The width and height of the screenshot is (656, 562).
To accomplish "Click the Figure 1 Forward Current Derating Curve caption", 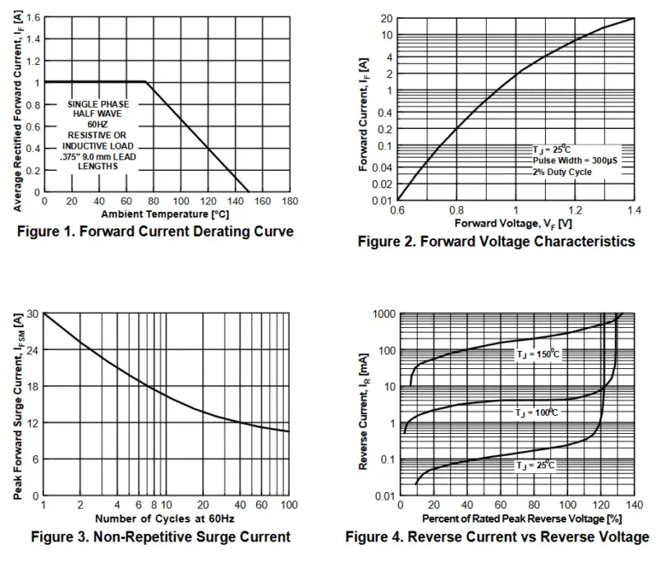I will coord(168,231).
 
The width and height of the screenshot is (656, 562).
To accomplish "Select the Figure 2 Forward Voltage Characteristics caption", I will coord(496,242).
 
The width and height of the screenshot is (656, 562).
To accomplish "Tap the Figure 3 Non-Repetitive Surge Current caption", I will coord(161,536).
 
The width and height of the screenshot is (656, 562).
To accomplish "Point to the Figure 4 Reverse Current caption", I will coord(497,536).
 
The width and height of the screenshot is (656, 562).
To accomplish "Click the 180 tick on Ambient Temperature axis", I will coord(290,202).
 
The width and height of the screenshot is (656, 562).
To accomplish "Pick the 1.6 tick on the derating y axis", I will coord(32,17).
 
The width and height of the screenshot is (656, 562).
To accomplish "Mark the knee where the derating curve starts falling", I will coord(146,82).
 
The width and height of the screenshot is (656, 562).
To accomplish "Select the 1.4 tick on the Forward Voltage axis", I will coord(634,210).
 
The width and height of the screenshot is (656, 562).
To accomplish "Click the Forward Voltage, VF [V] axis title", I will coord(508,223).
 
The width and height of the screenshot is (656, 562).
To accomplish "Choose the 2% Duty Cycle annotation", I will coord(562,172).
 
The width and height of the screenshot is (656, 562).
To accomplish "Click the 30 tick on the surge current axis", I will coord(32,314).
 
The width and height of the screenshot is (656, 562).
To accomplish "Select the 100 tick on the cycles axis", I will coord(289,506).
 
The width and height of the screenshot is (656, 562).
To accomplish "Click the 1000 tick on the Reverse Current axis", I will coord(383,314).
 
